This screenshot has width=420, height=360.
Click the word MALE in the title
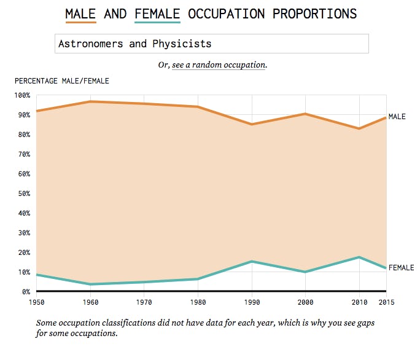point(80,13)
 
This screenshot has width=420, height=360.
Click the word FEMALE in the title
point(157,13)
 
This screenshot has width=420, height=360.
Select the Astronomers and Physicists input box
point(212,44)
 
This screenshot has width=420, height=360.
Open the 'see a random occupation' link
point(219,65)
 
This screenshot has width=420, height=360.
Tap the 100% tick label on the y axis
point(21,95)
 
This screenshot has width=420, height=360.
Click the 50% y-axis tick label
point(23,194)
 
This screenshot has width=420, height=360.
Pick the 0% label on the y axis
point(25,292)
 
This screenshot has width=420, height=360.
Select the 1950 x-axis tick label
point(37,302)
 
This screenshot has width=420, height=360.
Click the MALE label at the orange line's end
point(397,117)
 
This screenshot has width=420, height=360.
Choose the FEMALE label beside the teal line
point(401,268)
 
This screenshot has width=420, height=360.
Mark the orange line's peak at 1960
point(91,101)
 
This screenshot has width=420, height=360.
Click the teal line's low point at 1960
point(91,284)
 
